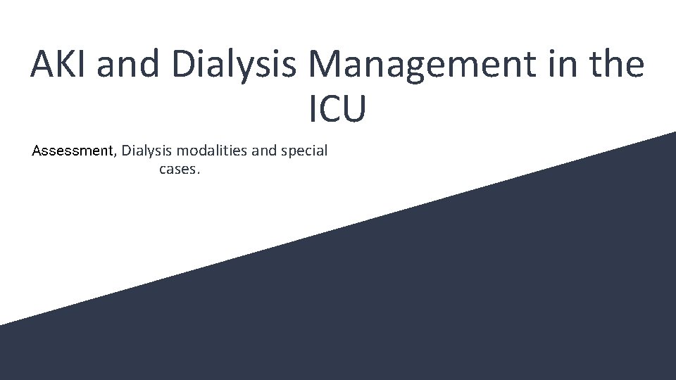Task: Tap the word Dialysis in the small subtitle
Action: (x=148, y=151)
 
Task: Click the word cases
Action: (x=180, y=169)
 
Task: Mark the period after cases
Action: (x=199, y=172)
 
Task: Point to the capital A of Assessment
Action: (x=37, y=151)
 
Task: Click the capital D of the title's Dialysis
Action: (x=184, y=64)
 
